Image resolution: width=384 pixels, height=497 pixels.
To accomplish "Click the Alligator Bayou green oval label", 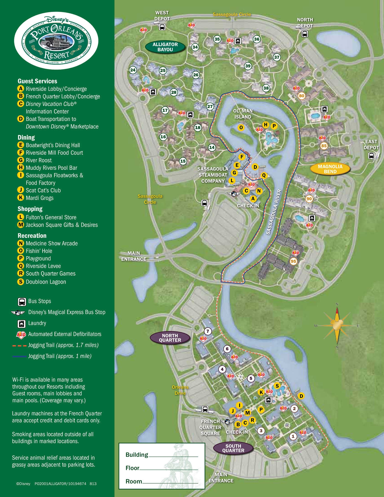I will pyautogui.click(x=165, y=47).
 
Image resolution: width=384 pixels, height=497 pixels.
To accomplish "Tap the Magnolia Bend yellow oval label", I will pyautogui.click(x=330, y=169).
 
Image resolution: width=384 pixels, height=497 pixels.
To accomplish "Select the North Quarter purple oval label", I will pyautogui.click(x=170, y=338).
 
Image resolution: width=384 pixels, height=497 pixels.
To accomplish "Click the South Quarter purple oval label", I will pyautogui.click(x=233, y=448).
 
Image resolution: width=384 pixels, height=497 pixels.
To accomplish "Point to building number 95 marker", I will pyautogui.click(x=293, y=261).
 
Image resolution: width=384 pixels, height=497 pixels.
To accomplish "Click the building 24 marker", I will pyautogui.click(x=133, y=70).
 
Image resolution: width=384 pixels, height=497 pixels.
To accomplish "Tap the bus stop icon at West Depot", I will pyautogui.click(x=162, y=27).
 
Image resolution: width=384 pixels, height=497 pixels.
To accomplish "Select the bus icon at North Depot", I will pyautogui.click(x=305, y=34).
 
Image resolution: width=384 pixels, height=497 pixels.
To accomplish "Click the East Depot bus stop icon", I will pyautogui.click(x=371, y=156).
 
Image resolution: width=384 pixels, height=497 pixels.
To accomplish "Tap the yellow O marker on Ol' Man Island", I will pyautogui.click(x=241, y=127).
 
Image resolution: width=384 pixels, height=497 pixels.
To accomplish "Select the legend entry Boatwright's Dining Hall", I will pyautogui.click(x=52, y=145).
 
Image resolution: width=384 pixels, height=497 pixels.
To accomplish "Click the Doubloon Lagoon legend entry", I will pyautogui.click(x=46, y=282).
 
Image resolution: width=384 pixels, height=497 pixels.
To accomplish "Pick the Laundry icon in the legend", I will pyautogui.click(x=22, y=323).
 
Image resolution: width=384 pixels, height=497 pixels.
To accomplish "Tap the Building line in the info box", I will pyautogui.click(x=162, y=455).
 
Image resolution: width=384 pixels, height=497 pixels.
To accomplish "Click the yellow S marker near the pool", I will pyautogui.click(x=277, y=386).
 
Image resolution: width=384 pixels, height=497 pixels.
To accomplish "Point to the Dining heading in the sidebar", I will pyautogui.click(x=26, y=138).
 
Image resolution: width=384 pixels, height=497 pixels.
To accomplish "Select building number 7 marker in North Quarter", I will pyautogui.click(x=208, y=331).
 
